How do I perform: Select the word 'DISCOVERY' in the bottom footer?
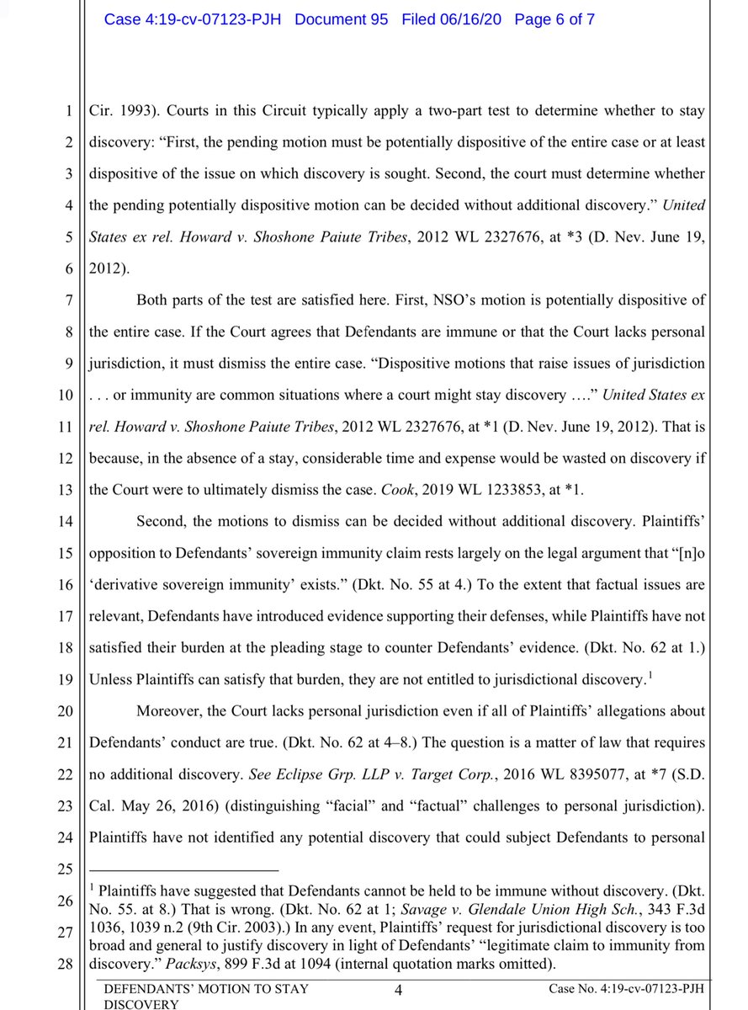[135, 1004]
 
